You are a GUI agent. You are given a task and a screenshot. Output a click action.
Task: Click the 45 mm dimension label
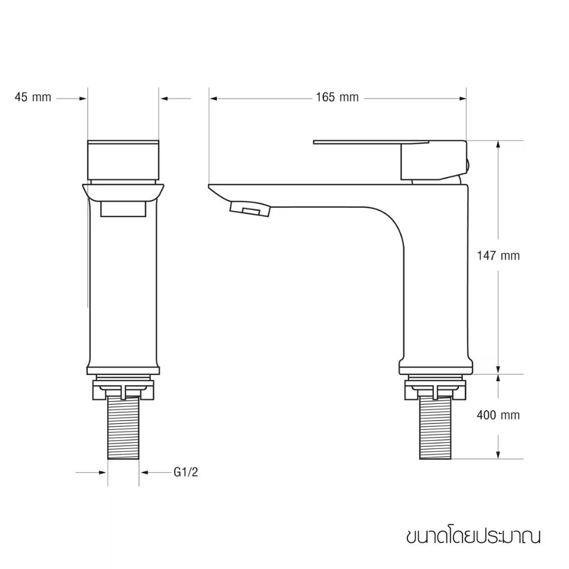(x=33, y=98)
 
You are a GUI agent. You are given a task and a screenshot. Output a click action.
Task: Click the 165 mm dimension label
(x=337, y=98)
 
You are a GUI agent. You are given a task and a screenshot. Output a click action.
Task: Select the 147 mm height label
(x=498, y=256)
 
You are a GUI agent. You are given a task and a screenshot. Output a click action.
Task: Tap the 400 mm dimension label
(x=498, y=415)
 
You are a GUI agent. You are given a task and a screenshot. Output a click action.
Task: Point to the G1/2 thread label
(x=186, y=472)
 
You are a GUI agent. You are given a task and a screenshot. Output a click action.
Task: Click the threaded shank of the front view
(x=124, y=430)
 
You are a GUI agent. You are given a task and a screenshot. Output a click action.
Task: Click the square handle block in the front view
(x=123, y=159)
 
